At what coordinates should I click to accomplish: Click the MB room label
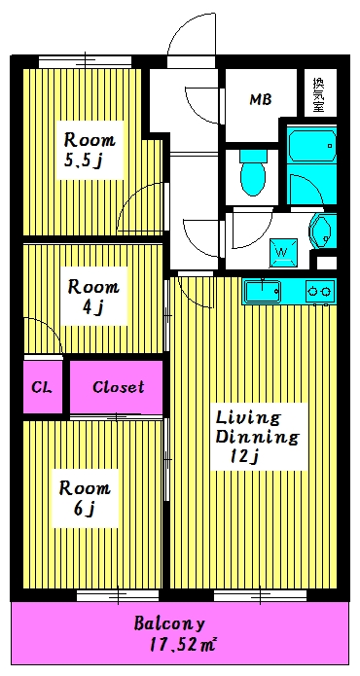(261, 100)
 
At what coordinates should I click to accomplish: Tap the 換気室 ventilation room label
(318, 94)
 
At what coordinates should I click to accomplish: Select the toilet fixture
(253, 172)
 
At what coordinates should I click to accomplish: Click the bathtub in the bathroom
(311, 144)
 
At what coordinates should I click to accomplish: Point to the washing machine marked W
(284, 252)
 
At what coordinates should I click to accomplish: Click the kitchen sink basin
(263, 292)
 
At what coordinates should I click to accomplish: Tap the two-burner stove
(321, 292)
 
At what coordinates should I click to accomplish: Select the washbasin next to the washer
(322, 231)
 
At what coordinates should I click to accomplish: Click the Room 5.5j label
(90, 150)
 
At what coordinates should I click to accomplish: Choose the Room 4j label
(93, 297)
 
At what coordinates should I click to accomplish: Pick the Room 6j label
(85, 498)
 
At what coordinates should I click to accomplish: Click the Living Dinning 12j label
(257, 437)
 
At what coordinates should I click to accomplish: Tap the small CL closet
(42, 387)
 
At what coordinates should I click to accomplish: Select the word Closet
(119, 387)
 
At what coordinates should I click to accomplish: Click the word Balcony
(168, 623)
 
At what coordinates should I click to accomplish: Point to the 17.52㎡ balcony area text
(183, 646)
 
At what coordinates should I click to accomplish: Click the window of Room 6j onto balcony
(118, 596)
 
